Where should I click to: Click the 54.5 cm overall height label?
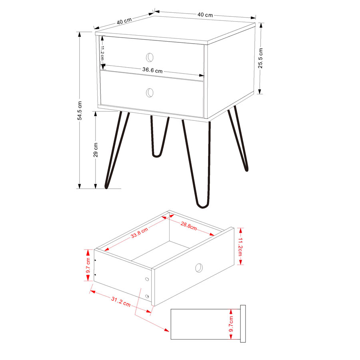pos(80,111)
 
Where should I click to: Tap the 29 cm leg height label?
pos(96,150)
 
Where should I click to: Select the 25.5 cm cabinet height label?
pos(260,58)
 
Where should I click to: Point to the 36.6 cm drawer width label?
pos(152,70)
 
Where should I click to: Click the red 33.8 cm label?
pos(140,232)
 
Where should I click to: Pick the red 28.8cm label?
pos(188,226)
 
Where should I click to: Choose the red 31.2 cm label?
pos(121,302)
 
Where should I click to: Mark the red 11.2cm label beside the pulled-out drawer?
pos(240,246)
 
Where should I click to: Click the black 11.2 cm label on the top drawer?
pos(102,53)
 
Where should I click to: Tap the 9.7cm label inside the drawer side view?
pos(231,324)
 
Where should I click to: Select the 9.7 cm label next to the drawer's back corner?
pos(88,266)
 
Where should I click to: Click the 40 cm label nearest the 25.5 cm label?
pos(205,15)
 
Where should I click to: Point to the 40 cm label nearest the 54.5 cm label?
pos(124,21)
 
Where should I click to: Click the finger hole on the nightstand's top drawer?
pos(150,57)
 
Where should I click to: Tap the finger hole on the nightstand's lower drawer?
pos(150,92)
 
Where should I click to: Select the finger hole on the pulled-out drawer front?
pos(199,268)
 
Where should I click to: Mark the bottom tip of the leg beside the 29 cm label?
pos(106,188)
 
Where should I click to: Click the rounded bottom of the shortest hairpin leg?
pos(156,156)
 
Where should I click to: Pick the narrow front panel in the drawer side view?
pos(243,324)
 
